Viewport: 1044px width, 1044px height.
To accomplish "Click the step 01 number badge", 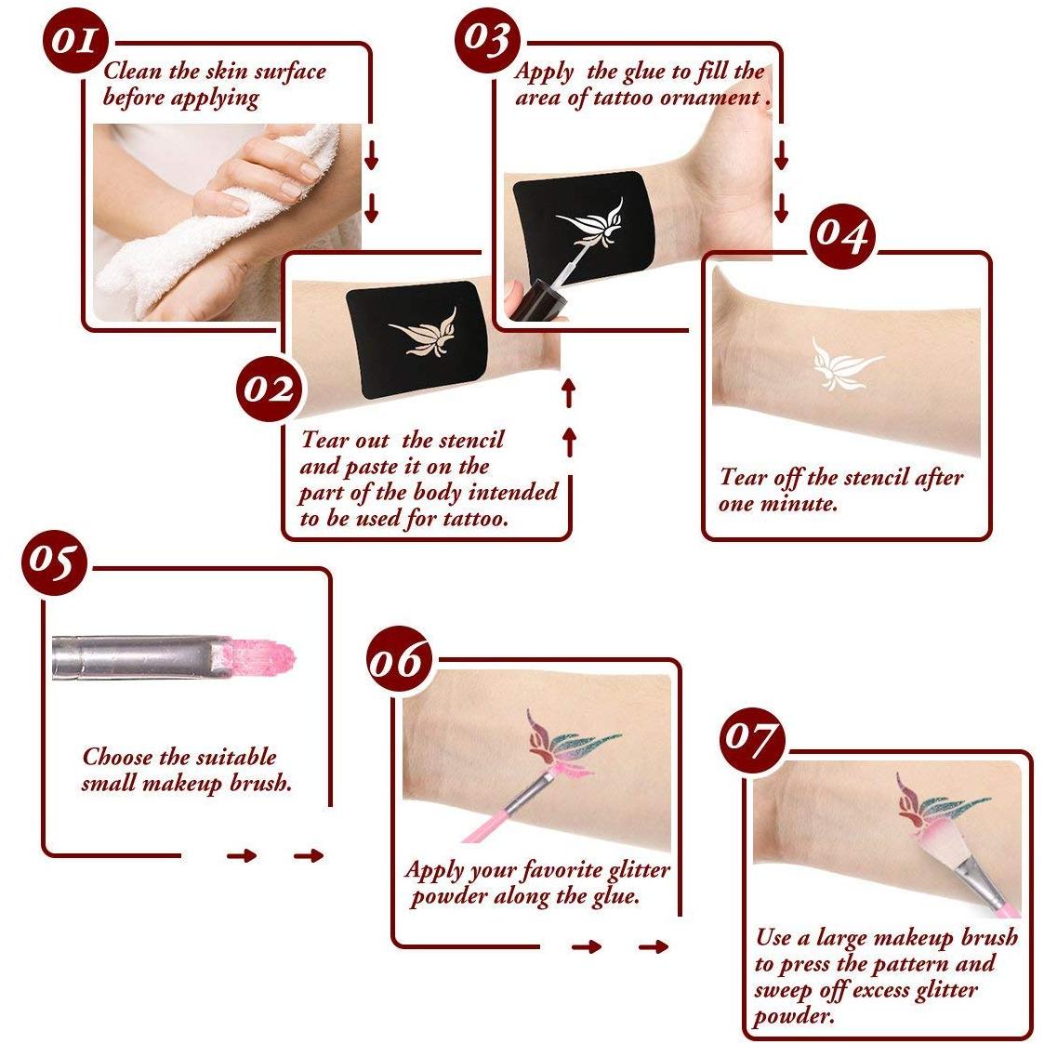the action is [x=74, y=40].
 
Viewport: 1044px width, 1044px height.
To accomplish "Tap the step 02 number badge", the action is [x=268, y=389].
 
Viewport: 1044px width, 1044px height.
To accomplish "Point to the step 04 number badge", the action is [x=842, y=236].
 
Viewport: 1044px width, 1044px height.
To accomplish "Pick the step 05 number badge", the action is [x=54, y=562].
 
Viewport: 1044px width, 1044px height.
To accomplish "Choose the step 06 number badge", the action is [x=400, y=659].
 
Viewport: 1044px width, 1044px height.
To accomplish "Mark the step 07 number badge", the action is [x=752, y=740].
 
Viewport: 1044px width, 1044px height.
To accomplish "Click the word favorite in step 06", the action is [x=561, y=869].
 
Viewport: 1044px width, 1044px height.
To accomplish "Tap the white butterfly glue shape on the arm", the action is [x=844, y=363].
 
